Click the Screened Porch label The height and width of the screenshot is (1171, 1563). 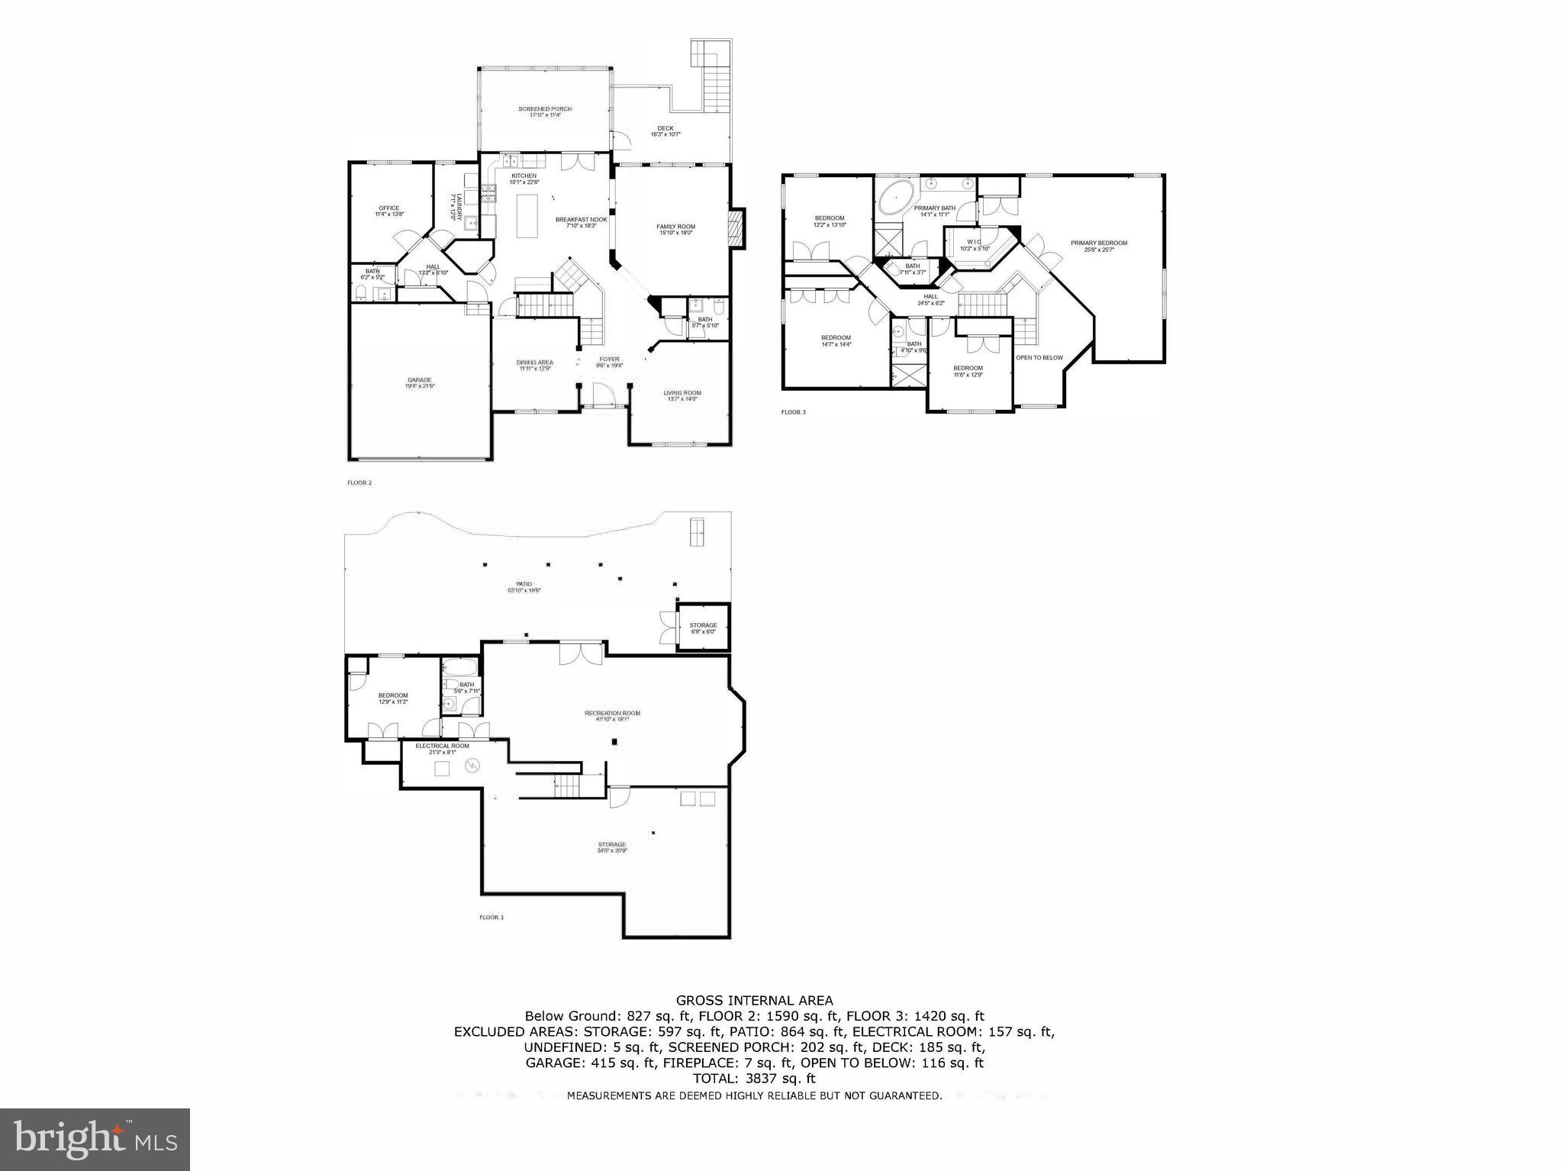(545, 109)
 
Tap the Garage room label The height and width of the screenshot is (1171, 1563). (419, 380)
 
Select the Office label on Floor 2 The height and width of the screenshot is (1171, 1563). (389, 208)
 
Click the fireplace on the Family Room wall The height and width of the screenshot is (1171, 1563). (736, 229)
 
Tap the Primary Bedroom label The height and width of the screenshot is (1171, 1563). (1098, 244)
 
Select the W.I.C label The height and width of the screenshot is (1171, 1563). (973, 243)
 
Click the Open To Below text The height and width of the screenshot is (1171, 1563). (1039, 357)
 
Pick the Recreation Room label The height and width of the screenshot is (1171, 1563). (612, 714)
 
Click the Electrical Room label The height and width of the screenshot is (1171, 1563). (442, 746)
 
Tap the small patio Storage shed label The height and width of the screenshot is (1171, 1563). (703, 626)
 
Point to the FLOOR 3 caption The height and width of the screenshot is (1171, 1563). (793, 412)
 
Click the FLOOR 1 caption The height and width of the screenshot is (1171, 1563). (491, 917)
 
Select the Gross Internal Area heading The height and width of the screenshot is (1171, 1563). (754, 1000)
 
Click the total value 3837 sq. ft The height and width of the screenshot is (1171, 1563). (777, 1079)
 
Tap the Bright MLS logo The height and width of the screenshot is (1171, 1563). (95, 1139)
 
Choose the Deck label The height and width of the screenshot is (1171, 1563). (665, 128)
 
